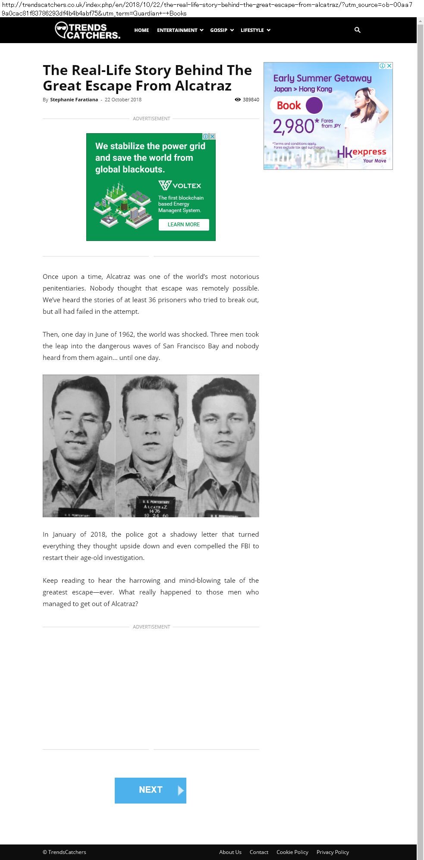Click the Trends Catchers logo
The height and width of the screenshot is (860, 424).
[88, 31]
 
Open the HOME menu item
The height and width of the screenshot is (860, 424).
[141, 30]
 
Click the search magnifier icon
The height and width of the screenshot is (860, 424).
[357, 30]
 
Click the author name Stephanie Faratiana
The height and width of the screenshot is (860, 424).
[74, 100]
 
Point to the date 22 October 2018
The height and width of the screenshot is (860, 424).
[123, 100]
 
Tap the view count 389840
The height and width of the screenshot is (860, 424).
[251, 100]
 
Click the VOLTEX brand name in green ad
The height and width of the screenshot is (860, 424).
[186, 186]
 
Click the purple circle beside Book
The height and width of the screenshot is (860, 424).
[314, 105]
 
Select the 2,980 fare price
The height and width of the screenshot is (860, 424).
[294, 126]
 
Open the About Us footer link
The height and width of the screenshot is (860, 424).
[230, 852]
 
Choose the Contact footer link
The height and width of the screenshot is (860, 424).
[259, 852]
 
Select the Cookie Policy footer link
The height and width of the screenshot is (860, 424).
[292, 852]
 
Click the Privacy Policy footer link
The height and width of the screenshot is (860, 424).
[333, 852]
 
